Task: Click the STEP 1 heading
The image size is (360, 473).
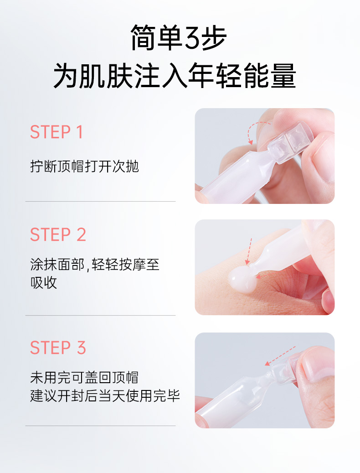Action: click(57, 132)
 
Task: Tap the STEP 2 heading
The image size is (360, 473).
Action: click(58, 234)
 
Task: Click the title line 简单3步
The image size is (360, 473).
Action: click(179, 38)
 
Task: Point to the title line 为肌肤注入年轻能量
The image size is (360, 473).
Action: click(175, 76)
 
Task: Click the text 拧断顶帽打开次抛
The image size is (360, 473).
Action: click(84, 166)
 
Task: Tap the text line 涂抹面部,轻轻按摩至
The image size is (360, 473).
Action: click(95, 265)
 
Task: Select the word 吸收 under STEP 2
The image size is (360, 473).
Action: click(43, 283)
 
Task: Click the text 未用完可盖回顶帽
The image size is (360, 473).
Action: click(84, 377)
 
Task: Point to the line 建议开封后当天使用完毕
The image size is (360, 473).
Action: click(105, 396)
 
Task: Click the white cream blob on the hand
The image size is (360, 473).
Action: click(242, 280)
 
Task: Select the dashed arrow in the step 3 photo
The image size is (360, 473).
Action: click(280, 356)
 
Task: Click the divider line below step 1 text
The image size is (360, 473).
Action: click(100, 201)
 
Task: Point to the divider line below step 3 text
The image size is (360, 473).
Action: click(100, 426)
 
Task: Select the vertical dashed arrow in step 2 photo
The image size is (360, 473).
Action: click(248, 251)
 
